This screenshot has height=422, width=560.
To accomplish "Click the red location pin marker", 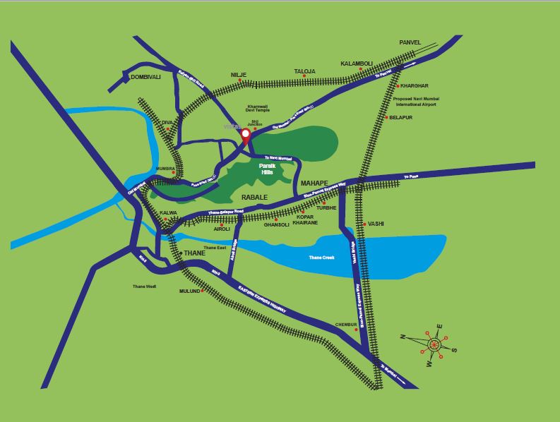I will (246, 135).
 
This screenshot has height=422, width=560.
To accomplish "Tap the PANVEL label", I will (410, 42).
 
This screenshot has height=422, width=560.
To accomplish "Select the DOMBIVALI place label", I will (145, 76).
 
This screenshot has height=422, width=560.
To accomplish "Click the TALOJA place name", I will (304, 71).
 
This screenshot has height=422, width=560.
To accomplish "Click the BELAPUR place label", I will (401, 117).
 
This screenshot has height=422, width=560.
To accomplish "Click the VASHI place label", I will (376, 224).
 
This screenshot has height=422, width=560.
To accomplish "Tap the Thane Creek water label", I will (321, 258).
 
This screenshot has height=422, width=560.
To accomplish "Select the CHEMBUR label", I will (347, 324).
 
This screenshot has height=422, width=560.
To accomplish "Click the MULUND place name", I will (189, 291).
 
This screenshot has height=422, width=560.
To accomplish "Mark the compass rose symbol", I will (434, 344).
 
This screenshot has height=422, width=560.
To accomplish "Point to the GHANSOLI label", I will (277, 224).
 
